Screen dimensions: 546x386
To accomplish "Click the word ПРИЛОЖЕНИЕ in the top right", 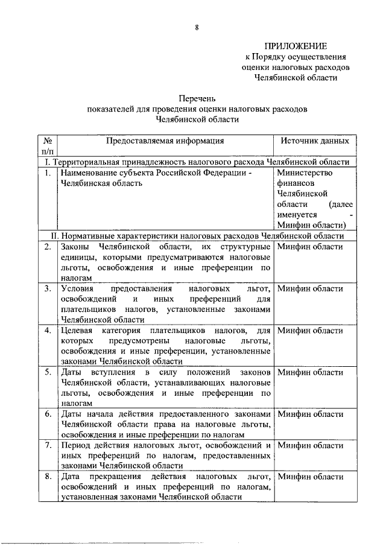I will click(296, 46).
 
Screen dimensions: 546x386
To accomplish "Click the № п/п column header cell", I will click(47, 145).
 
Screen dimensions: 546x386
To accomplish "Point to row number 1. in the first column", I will click(47, 173).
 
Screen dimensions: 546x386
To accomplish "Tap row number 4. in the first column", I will click(47, 331).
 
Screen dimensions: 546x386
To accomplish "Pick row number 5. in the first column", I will click(47, 372).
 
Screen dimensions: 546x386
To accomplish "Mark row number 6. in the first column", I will click(47, 414).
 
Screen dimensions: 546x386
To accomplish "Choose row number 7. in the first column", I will click(47, 445).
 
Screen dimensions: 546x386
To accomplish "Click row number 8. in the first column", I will click(47, 477).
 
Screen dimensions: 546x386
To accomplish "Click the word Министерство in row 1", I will click(303, 173).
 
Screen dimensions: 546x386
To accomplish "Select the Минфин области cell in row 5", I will click(311, 372).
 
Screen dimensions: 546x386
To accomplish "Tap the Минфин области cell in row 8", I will click(311, 477).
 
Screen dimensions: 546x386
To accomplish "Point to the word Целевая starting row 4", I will click(77, 331).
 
